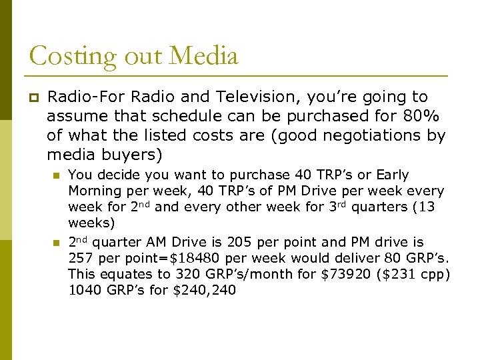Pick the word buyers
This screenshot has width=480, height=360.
click(129, 155)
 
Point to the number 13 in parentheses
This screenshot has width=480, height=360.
click(422, 207)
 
